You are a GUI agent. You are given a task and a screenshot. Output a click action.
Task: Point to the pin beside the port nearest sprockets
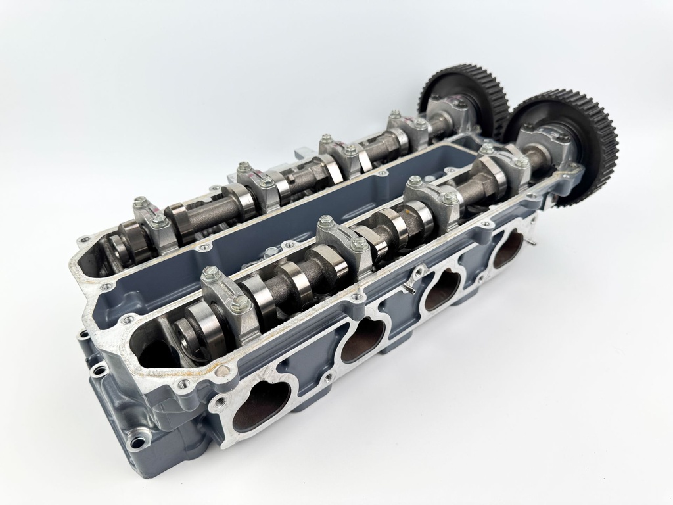tap(534, 242)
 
